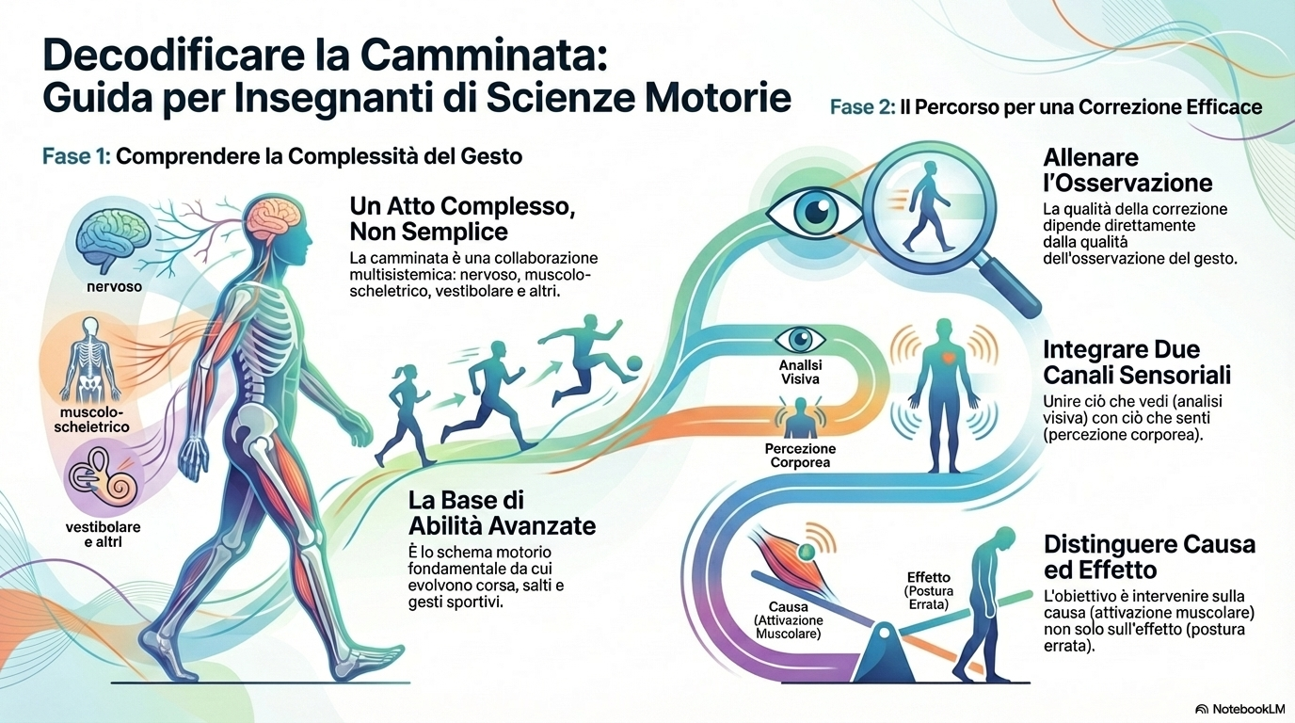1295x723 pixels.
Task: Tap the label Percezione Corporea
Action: [800, 456]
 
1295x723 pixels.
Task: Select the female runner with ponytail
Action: [406, 414]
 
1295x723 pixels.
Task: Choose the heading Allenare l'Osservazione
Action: [1127, 169]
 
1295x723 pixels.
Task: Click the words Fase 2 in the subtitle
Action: [862, 106]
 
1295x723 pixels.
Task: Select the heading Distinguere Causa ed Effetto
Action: [1149, 557]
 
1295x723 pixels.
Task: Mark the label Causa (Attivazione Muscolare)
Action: [789, 619]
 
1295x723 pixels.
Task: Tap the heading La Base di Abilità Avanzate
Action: [502, 510]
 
